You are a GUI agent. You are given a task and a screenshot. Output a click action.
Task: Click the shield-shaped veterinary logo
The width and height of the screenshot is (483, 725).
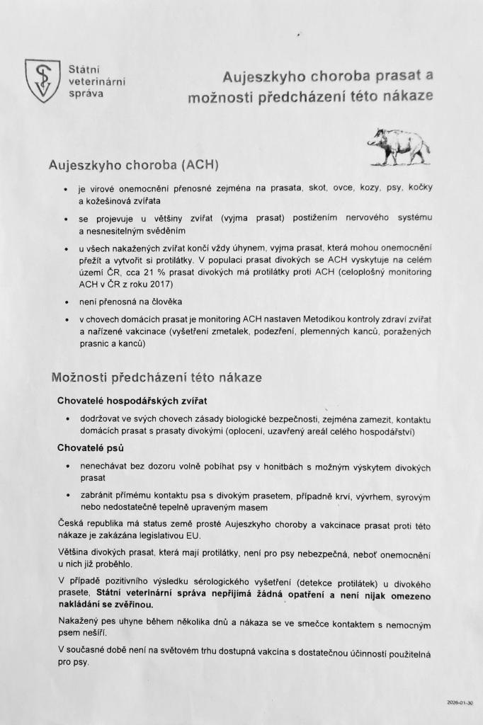tap(42, 80)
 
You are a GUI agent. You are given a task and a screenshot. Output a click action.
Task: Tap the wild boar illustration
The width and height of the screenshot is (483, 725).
tap(398, 145)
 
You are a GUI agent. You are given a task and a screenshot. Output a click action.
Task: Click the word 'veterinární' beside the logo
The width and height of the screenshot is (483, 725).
tap(97, 81)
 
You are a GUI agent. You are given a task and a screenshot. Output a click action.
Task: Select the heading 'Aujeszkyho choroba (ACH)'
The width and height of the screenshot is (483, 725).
tap(133, 165)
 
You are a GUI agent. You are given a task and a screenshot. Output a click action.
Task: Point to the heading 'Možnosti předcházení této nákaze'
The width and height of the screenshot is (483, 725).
tap(157, 377)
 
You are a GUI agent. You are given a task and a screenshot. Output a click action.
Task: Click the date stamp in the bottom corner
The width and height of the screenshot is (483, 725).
tap(460, 704)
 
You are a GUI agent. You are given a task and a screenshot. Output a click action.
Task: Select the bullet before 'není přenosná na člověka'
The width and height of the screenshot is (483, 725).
tap(66, 302)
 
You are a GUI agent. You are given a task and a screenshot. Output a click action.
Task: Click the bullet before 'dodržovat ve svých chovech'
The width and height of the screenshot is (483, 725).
tap(66, 420)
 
